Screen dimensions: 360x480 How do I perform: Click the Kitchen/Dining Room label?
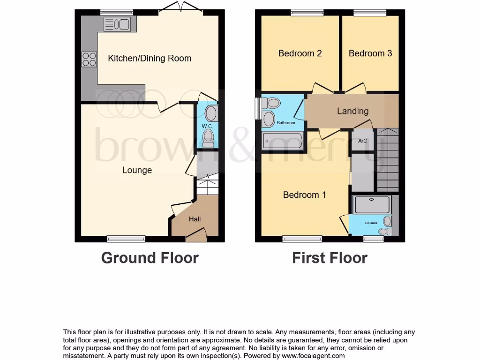point(150,59)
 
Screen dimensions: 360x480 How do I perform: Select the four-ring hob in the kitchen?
point(90,59)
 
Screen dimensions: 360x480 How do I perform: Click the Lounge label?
point(137,170)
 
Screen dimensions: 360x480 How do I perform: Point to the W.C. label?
point(207,127)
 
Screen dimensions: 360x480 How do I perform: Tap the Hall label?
point(195,219)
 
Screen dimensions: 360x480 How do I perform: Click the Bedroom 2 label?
point(300,53)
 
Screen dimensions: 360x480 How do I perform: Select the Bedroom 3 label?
point(370,53)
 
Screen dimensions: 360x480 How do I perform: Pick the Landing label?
point(352,111)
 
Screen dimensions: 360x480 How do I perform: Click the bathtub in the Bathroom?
point(283,140)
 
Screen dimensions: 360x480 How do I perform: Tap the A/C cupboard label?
point(362,141)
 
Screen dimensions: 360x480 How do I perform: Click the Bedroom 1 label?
point(305,195)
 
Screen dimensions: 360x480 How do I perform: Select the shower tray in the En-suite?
point(372,205)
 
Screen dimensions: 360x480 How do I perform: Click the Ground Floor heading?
point(150,258)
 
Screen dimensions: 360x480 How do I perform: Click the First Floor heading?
point(330,258)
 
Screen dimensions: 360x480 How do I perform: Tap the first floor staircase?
point(388,159)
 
